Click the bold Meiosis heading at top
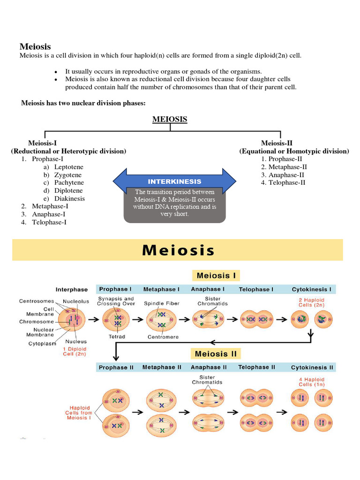click(35, 46)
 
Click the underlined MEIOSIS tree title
click(170, 120)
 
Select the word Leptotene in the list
click(68, 167)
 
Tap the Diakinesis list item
click(69, 199)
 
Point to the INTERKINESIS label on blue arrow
click(174, 181)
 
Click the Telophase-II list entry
click(286, 183)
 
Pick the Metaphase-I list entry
click(50, 206)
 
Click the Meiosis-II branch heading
click(277, 143)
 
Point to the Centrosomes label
click(36, 301)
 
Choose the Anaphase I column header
click(208, 289)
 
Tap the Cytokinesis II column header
click(312, 367)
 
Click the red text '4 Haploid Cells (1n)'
click(311, 382)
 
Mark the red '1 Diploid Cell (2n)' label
click(75, 351)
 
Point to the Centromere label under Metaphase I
click(161, 337)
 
